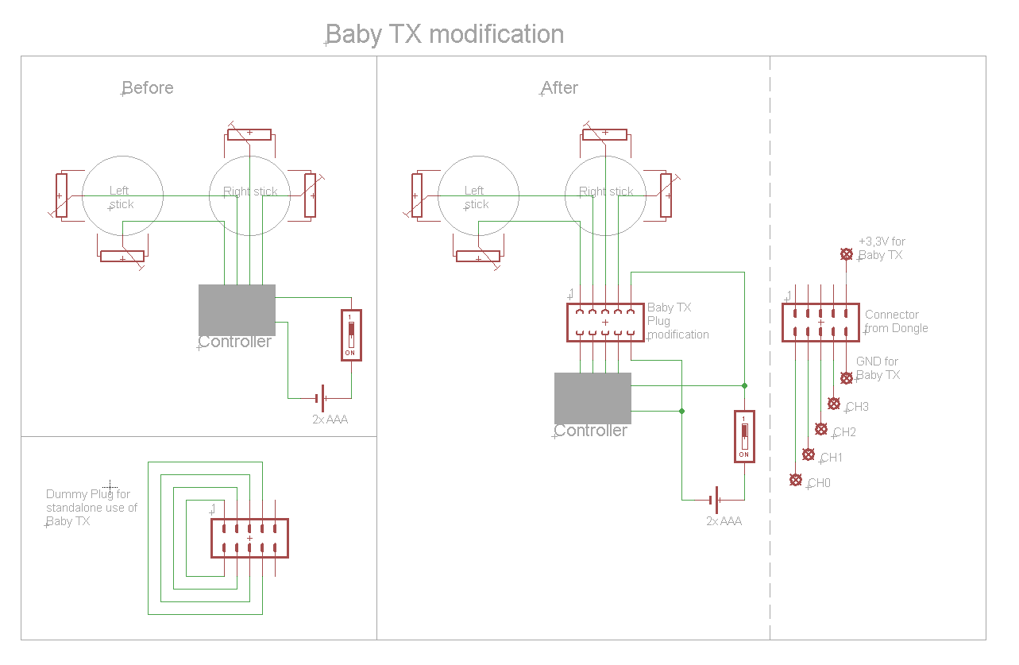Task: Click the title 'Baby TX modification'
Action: (445, 35)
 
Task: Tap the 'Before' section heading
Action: (148, 87)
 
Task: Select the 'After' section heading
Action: (560, 87)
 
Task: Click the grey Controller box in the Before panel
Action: (237, 310)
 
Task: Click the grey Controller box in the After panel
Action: (592, 398)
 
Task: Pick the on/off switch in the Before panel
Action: (351, 334)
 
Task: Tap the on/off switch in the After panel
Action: (744, 436)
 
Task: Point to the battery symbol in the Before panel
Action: (322, 396)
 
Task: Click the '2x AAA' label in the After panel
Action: (724, 521)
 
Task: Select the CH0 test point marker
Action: (796, 480)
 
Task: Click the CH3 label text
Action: (857, 407)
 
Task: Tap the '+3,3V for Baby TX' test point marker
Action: (847, 254)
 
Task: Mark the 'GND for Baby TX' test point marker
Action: (847, 378)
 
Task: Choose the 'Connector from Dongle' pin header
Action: (820, 323)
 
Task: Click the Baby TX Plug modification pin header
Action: (605, 322)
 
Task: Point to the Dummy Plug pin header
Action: (249, 538)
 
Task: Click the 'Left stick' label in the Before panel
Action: (120, 197)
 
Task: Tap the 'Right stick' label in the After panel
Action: (606, 191)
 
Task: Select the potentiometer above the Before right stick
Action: (249, 133)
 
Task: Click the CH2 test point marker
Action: (821, 429)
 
